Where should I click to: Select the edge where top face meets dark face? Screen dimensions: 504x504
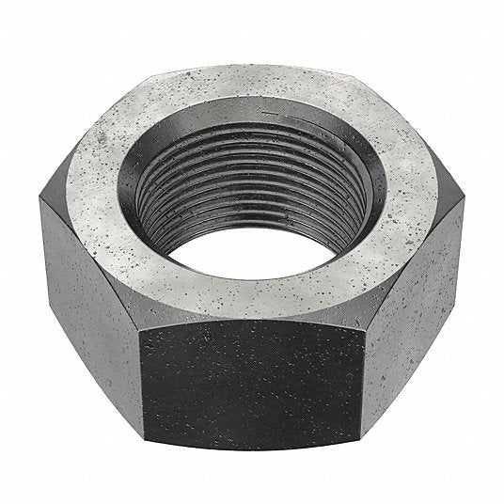[x=253, y=321]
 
